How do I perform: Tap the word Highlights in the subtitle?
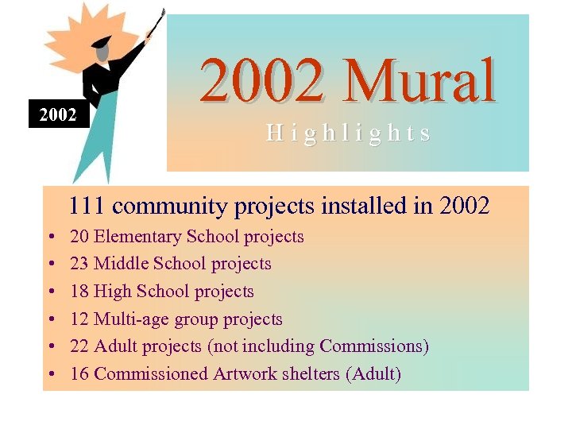pyautogui.click(x=349, y=133)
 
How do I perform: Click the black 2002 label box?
pyautogui.click(x=59, y=115)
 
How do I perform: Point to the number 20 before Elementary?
pyautogui.click(x=79, y=236)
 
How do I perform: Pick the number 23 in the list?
pyautogui.click(x=79, y=264)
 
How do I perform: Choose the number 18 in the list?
pyautogui.click(x=79, y=292)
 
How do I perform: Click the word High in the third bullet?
pyautogui.click(x=112, y=292)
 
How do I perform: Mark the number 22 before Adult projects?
pyautogui.click(x=79, y=346)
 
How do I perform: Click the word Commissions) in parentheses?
pyautogui.click(x=374, y=346)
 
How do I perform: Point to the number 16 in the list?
pyautogui.click(x=79, y=374)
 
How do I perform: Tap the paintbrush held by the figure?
pyautogui.click(x=156, y=24)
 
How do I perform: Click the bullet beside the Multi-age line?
pyautogui.click(x=50, y=320)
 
